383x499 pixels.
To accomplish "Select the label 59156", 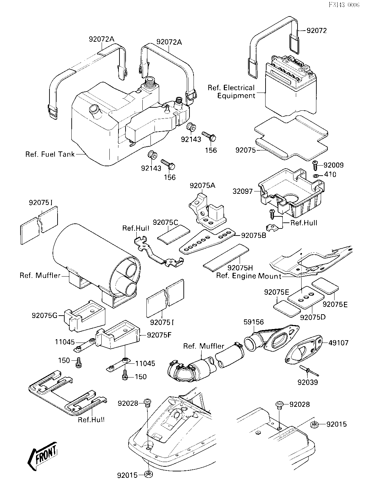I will [254, 322].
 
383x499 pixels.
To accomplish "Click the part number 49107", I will [338, 343].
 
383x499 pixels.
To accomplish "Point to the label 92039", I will [308, 382].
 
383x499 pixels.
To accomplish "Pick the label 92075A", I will [203, 185].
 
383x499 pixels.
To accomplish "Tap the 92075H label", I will [240, 268].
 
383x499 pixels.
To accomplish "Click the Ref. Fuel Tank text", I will [50, 154].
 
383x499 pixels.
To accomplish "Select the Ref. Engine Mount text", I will [248, 276].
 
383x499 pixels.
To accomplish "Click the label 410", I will [330, 175].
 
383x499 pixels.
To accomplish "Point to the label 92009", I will [334, 165].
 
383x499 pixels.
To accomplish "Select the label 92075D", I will [313, 317].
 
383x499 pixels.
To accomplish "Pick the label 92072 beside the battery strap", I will [317, 31].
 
